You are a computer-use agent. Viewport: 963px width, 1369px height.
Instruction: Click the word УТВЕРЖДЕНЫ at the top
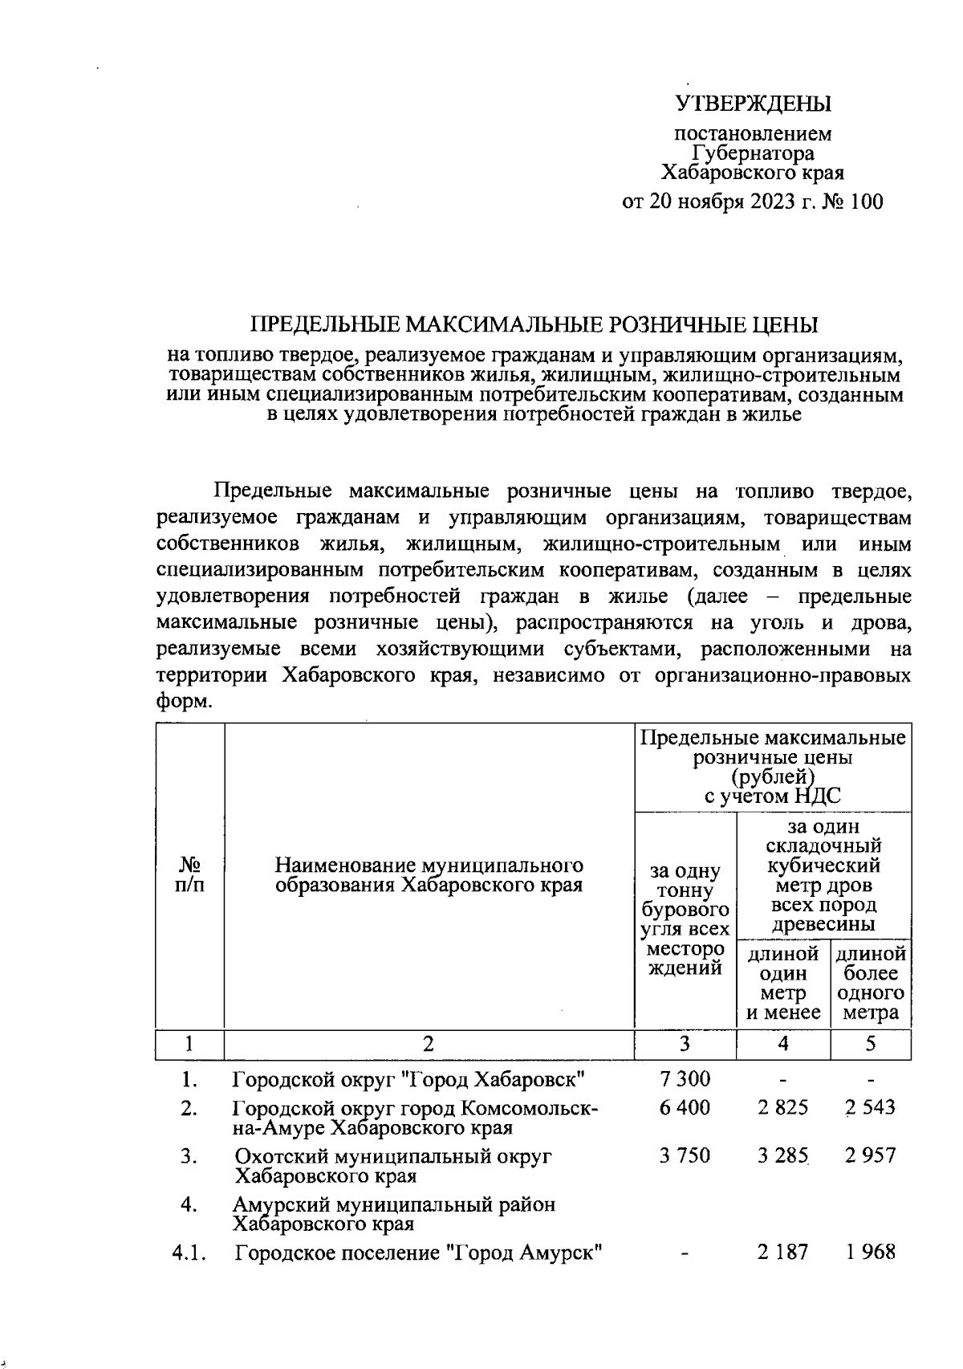pos(753,104)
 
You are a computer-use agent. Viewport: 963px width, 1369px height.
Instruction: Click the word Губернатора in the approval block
pos(753,153)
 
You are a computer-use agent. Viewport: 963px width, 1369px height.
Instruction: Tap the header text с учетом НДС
pos(772,797)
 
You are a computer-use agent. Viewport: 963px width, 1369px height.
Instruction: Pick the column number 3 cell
pos(685,1044)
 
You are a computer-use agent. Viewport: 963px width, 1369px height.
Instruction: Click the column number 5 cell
pos(871,1044)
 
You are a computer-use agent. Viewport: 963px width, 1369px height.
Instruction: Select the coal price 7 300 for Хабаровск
pos(685,1078)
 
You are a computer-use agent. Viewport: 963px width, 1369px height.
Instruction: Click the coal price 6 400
pos(685,1108)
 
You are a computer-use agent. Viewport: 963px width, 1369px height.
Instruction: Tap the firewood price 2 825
pos(782,1108)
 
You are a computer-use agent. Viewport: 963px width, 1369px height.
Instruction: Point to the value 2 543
pos(871,1108)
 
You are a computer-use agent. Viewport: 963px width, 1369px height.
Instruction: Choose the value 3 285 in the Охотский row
pos(782,1157)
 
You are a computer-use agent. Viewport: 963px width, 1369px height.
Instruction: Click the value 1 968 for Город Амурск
pos(871,1252)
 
